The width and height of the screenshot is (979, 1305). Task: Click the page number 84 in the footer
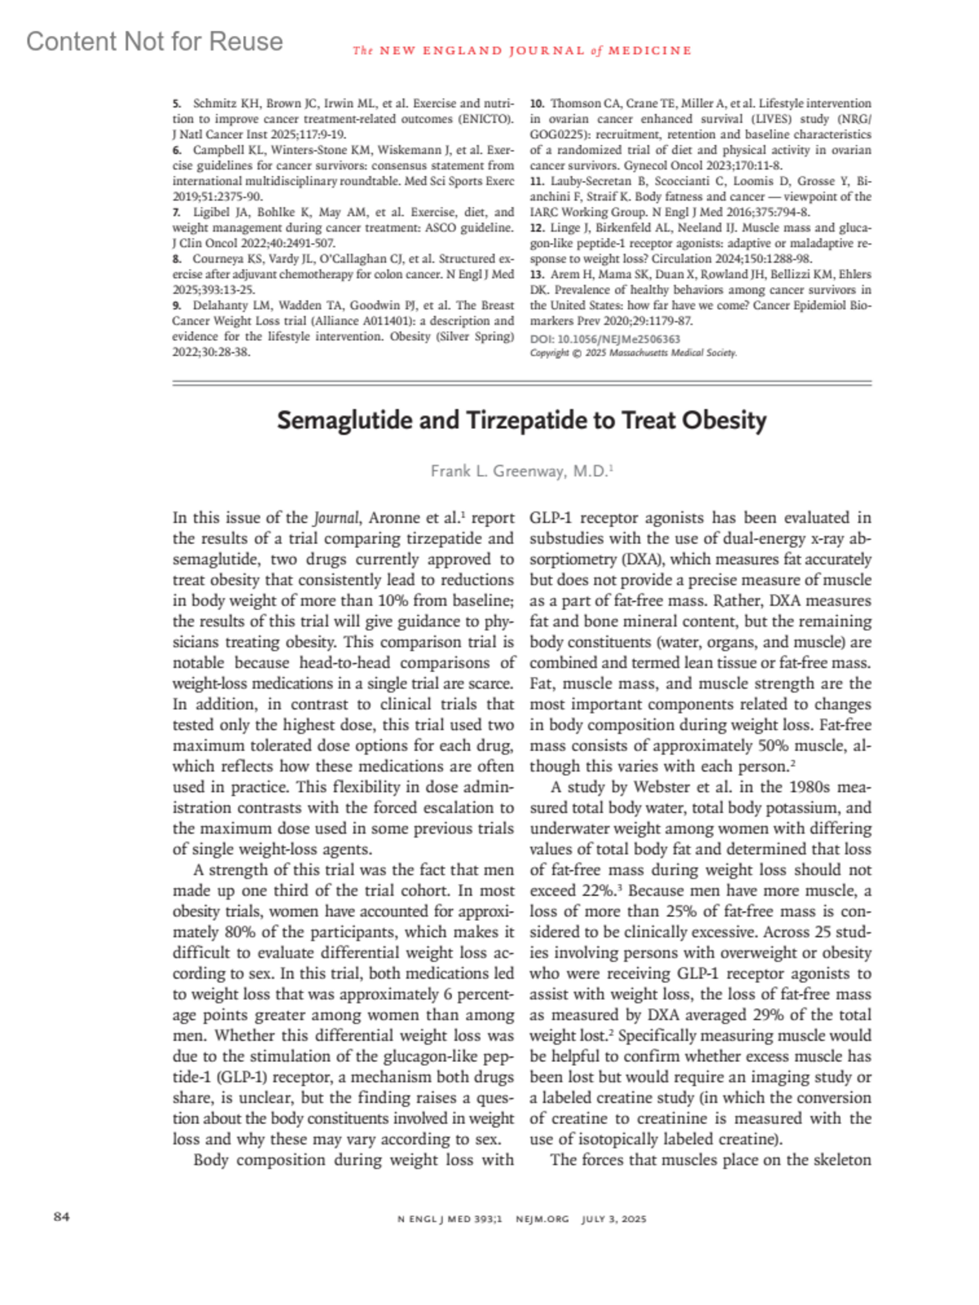coord(61,1217)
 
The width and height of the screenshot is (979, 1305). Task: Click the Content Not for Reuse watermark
coord(154,42)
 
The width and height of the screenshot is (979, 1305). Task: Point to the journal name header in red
coord(522,51)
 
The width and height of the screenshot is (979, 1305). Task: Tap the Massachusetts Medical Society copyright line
coord(633,353)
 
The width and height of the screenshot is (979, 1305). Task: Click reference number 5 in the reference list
coord(176,104)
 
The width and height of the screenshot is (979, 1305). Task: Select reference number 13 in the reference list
coord(537,274)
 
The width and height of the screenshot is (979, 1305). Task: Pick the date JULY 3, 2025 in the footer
coord(614,1219)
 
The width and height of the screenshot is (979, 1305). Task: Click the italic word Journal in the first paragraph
coord(336,518)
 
